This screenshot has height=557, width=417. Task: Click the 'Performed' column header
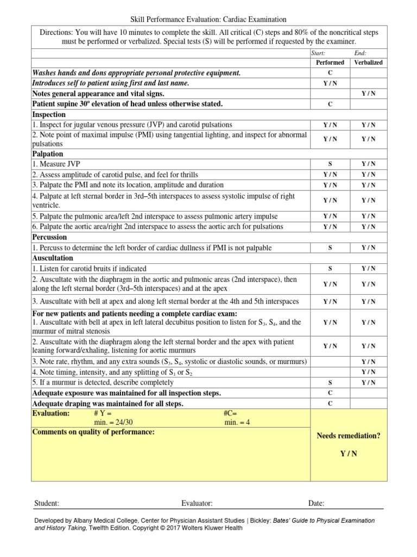coord(330,63)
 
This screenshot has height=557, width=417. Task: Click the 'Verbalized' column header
coord(368,63)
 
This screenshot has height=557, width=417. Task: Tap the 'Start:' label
coord(318,53)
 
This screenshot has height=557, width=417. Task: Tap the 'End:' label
coord(360,53)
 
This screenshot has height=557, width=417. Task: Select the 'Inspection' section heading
coord(49,115)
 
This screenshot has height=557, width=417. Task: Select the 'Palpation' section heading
coord(48,154)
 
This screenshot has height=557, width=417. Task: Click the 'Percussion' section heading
coord(49,237)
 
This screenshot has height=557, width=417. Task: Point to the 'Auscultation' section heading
coord(52,258)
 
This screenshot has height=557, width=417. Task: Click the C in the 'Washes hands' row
coord(330,73)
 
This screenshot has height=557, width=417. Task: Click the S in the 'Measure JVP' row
coord(330,164)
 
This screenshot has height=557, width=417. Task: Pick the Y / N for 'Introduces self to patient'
coord(330,83)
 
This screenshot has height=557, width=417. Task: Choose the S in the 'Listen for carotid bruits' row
coord(330,269)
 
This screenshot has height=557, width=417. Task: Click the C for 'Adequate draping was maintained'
coord(330,404)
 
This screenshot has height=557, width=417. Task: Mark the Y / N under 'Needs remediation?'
coord(348,454)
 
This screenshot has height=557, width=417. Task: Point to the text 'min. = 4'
coord(237,423)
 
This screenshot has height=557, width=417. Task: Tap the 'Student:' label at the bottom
coord(47,504)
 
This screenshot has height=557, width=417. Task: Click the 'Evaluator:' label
coord(197,504)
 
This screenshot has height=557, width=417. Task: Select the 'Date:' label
coord(316,504)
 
